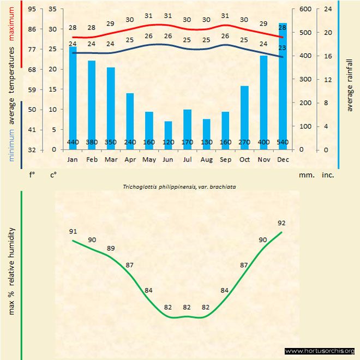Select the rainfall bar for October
tap(244, 117)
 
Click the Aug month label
tap(206, 160)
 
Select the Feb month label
tap(92, 160)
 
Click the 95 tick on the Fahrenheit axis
tap(32, 9)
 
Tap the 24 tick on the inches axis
tap(328, 9)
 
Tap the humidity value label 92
tap(282, 223)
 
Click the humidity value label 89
tap(111, 248)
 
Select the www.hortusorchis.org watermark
tap(320, 351)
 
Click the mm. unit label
tap(305, 176)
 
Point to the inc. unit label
tap(328, 176)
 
